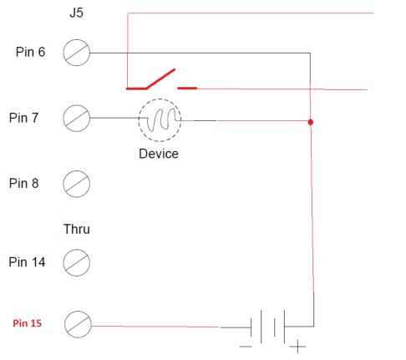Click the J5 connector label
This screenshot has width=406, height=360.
click(76, 13)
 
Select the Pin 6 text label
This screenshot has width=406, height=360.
click(30, 52)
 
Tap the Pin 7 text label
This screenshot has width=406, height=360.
click(23, 118)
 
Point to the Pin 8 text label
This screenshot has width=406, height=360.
click(23, 183)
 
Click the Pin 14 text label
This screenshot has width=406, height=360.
click(27, 262)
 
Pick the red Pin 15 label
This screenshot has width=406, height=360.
click(27, 323)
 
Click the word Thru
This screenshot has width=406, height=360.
click(77, 229)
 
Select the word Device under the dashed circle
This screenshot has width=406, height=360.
click(159, 154)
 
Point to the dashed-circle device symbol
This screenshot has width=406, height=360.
click(160, 99)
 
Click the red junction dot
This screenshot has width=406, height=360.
click(311, 122)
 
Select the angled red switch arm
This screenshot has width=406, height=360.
click(160, 79)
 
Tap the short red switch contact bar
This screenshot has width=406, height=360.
click(187, 88)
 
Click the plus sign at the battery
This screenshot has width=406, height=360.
click(297, 347)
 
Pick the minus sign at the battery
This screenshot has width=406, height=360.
click(246, 347)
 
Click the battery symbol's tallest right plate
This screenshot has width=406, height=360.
click(285, 327)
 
